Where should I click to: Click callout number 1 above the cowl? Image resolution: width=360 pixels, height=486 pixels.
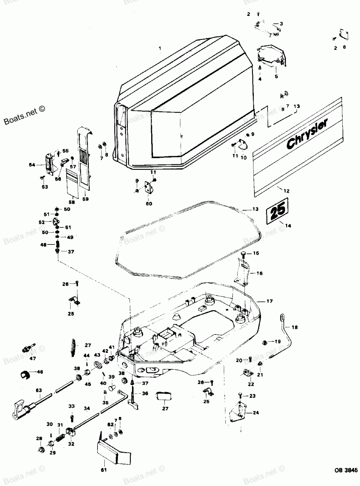(160, 48)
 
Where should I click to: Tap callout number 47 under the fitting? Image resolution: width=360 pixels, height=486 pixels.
(33, 359)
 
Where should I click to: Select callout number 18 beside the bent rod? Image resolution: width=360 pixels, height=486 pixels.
(295, 327)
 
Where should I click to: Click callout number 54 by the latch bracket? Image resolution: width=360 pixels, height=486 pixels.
(32, 165)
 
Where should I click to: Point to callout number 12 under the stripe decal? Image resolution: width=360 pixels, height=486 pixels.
(287, 191)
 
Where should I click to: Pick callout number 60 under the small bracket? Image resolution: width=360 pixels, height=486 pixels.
(149, 203)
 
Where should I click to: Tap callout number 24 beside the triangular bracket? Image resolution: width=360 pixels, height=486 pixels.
(256, 413)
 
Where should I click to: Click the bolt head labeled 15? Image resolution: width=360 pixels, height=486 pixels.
(244, 253)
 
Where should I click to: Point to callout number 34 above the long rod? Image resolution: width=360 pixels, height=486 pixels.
(87, 408)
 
